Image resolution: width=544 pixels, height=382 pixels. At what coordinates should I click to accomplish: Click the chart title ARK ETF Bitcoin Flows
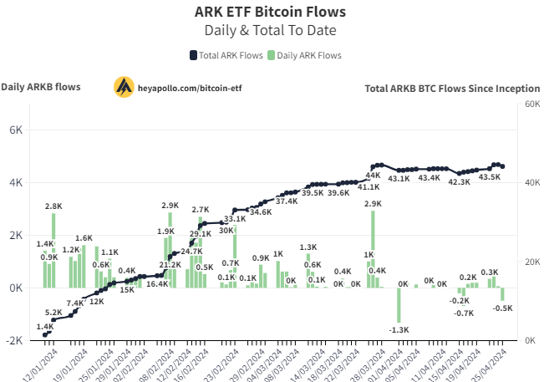(x=269, y=12)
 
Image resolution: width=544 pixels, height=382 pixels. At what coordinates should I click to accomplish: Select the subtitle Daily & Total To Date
(x=269, y=30)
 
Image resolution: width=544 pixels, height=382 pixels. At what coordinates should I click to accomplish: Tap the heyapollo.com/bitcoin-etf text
(x=190, y=87)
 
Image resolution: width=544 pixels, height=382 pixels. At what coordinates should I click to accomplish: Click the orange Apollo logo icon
(x=125, y=86)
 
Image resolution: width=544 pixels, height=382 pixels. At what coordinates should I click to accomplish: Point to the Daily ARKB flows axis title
(x=41, y=87)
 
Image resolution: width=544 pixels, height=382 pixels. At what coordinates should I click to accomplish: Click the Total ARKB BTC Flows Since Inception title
(x=451, y=88)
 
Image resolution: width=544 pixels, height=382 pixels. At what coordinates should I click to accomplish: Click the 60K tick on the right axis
(x=531, y=104)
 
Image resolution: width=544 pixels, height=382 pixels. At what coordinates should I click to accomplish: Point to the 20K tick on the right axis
(x=531, y=262)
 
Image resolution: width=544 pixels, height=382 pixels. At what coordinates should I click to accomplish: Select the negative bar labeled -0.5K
(x=503, y=294)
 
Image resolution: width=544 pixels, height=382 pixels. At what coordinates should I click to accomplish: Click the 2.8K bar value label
(x=53, y=206)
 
